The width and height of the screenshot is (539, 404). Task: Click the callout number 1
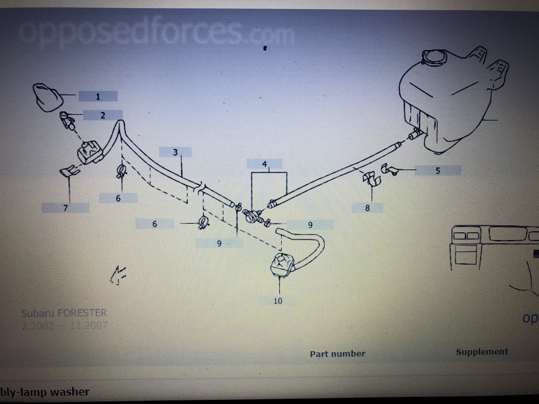[97, 96]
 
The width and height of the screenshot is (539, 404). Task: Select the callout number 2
[103, 116]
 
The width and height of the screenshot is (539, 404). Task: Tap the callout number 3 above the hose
[175, 152]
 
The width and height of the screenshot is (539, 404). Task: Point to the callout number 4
[264, 164]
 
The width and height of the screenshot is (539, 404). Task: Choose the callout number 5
[437, 171]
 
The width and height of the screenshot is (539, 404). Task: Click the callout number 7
[65, 207]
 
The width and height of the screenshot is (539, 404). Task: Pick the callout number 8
[368, 207]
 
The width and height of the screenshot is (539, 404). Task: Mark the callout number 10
[278, 301]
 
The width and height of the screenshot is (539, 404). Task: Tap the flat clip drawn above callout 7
[69, 172]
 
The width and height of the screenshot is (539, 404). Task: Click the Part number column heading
[337, 354]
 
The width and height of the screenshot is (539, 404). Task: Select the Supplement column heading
[482, 352]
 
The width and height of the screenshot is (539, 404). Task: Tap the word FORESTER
[82, 313]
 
